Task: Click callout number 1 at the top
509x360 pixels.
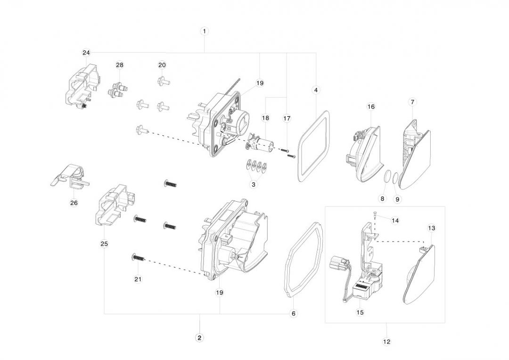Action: point(204,31)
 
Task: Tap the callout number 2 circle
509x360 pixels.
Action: point(199,338)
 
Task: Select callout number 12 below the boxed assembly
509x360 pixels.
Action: point(386,342)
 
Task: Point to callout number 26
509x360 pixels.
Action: point(74,203)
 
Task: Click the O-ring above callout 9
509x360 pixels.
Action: point(395,178)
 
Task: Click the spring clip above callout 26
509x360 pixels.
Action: point(69,176)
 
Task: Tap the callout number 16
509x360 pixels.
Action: point(371,107)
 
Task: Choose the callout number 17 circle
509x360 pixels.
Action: point(287,119)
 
